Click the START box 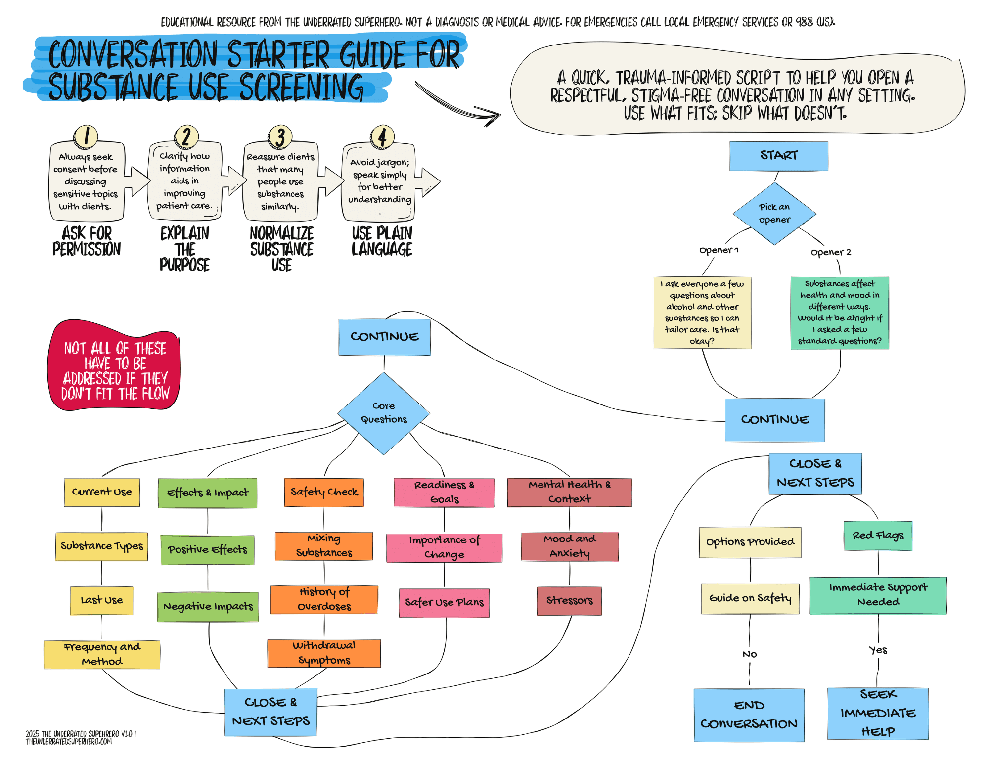click(x=778, y=156)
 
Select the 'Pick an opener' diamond click(x=774, y=214)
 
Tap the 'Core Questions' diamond click(x=384, y=413)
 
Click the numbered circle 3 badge click(x=280, y=137)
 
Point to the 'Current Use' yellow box click(x=102, y=492)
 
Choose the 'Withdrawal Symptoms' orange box click(x=324, y=653)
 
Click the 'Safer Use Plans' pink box click(x=444, y=602)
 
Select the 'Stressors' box click(x=569, y=601)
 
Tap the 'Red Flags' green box click(x=878, y=536)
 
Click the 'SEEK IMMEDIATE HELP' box click(x=878, y=713)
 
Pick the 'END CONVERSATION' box click(x=749, y=715)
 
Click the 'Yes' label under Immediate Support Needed click(x=878, y=650)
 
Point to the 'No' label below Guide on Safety click(x=750, y=654)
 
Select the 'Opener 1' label click(x=719, y=250)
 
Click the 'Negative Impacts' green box click(x=208, y=607)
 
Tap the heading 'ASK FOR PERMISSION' click(x=87, y=241)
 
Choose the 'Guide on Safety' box click(x=750, y=598)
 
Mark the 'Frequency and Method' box click(x=102, y=654)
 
